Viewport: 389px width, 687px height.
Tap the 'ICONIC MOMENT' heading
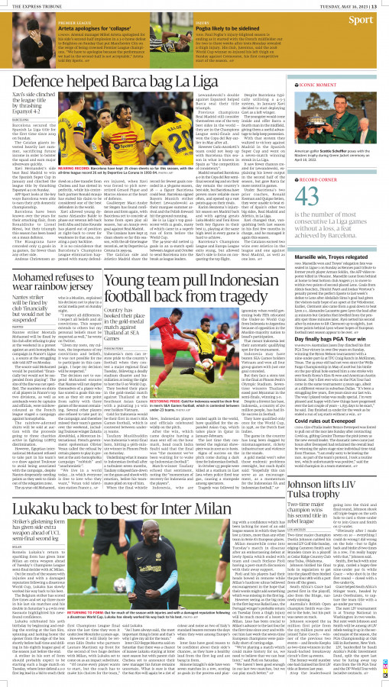[331, 86]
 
